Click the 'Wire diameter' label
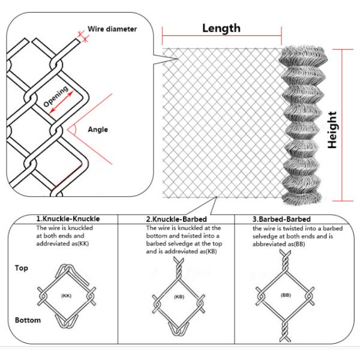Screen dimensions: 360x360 [x=112, y=29]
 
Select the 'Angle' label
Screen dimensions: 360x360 [x=98, y=129]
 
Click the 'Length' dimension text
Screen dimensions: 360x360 [x=221, y=28]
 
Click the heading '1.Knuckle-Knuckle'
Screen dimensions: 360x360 [x=67, y=219]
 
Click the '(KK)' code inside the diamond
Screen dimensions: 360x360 [x=67, y=296]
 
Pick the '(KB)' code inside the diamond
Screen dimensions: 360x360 [x=179, y=297]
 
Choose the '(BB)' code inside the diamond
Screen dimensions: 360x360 [x=285, y=296]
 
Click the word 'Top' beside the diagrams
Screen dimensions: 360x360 [x=21, y=268]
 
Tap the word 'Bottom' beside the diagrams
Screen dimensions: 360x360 [x=27, y=320]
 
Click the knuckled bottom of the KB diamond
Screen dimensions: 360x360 [x=179, y=328]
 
